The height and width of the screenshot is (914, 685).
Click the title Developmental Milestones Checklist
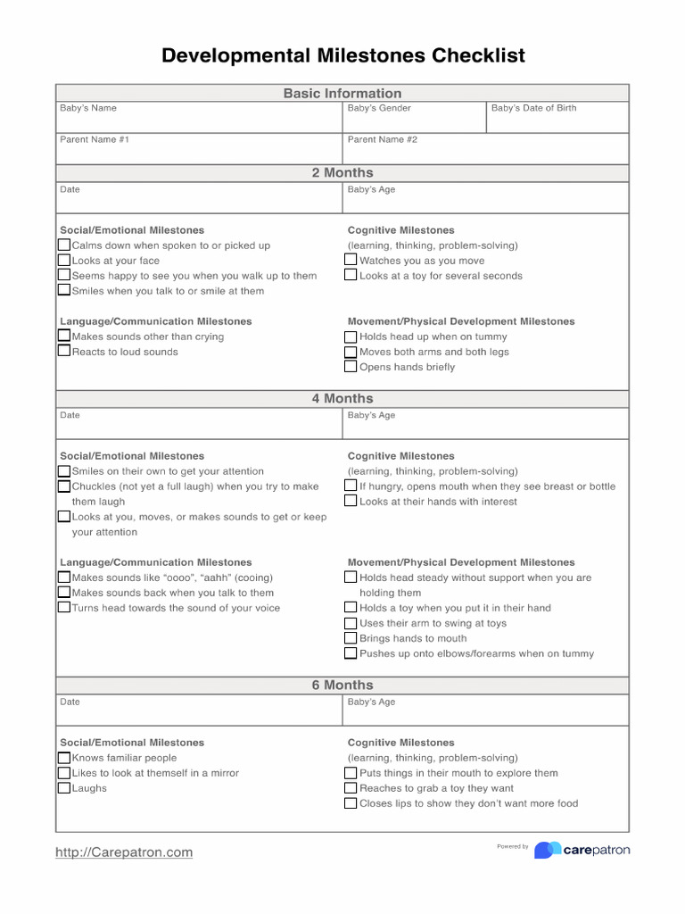342,56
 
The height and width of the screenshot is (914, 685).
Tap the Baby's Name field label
88,108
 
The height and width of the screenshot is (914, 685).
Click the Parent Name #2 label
382,139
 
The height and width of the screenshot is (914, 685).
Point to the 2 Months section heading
342,172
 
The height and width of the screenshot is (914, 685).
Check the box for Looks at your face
64,261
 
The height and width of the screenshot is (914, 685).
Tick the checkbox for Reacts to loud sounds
64,351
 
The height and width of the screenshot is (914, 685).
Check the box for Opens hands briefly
351,367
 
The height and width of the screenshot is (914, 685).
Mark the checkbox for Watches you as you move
351,261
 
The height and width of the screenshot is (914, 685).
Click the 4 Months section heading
342,398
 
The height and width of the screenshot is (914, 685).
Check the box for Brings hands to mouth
351,638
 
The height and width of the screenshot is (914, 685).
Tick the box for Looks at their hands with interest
351,502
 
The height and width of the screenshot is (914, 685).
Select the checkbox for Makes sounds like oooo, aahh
64,577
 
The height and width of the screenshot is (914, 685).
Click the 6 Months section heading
342,685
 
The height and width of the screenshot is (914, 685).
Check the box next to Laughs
64,788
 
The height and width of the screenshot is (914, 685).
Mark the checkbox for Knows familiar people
64,758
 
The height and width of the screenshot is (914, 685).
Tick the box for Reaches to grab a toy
351,788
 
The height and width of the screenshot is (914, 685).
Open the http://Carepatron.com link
124,852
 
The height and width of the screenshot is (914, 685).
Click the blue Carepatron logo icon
548,850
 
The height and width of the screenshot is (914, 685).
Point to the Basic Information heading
342,93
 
